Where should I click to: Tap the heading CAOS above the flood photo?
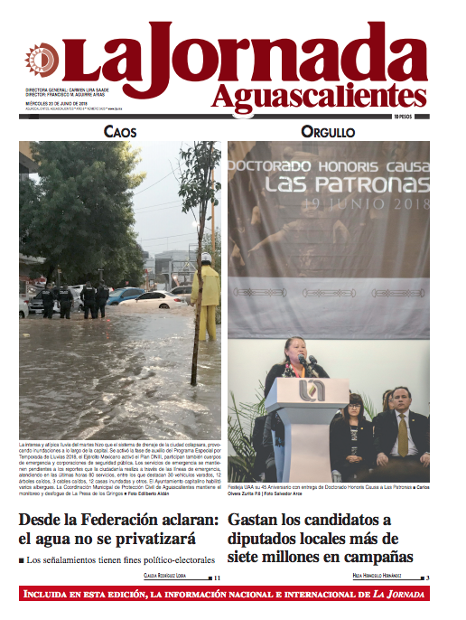click(x=120, y=132)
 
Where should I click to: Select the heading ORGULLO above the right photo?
click(x=327, y=132)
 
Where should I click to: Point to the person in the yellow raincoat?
click(x=207, y=297)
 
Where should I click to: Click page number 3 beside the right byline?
click(x=428, y=578)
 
